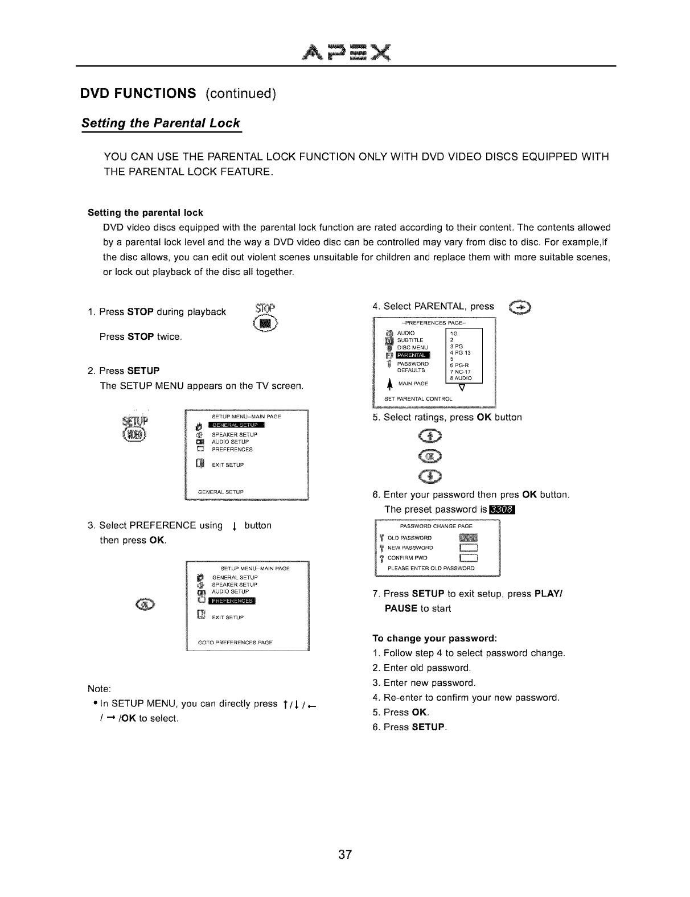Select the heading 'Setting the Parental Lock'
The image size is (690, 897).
161,124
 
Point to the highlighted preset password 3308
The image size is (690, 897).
501,509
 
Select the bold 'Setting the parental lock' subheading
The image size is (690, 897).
145,213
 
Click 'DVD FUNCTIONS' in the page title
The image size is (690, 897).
138,93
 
